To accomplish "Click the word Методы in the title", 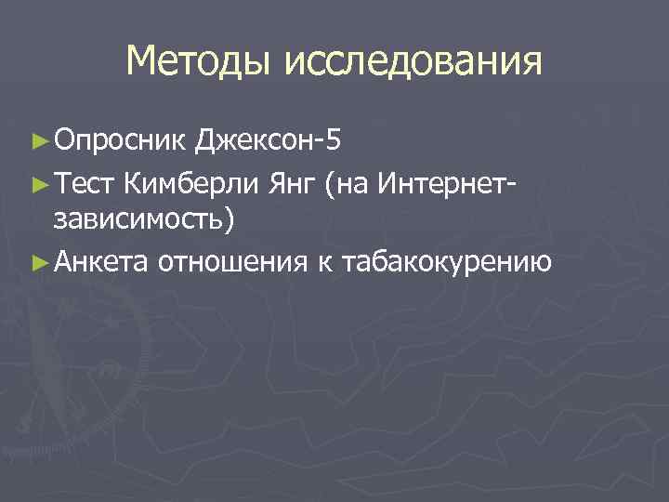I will pos(198,62).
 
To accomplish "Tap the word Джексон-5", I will pos(269,141).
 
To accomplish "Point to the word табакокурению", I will pos(447,263).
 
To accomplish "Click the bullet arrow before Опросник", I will pos(38,142).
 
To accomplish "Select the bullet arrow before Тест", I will pos(38,183).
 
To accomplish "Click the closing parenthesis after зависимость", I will pos(230,222).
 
